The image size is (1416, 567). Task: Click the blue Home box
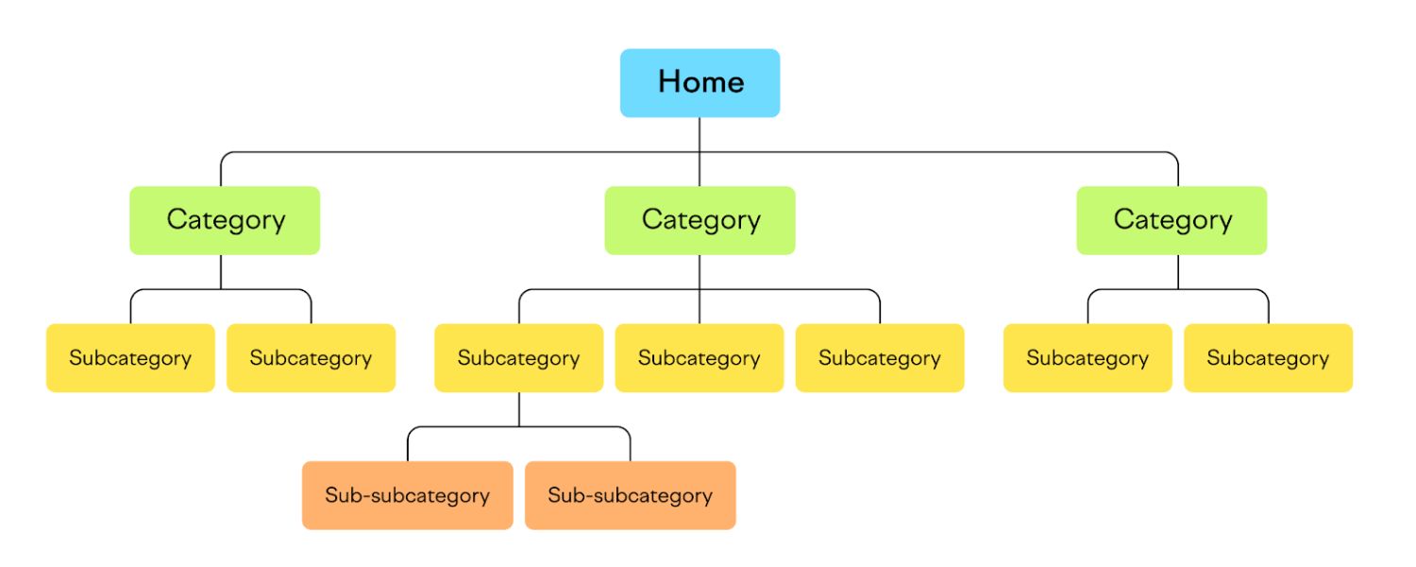pyautogui.click(x=700, y=83)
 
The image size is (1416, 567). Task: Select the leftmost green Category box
pyautogui.click(x=225, y=220)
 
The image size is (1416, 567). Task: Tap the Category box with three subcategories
pyautogui.click(x=700, y=220)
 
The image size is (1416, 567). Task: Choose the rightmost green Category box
pyautogui.click(x=1172, y=220)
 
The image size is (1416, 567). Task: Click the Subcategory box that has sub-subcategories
pyautogui.click(x=518, y=358)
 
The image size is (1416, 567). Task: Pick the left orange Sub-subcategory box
pyautogui.click(x=407, y=495)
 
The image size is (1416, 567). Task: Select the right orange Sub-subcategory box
pyautogui.click(x=630, y=495)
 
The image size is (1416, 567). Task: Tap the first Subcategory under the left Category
pyautogui.click(x=130, y=358)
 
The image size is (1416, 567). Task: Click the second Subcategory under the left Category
pyautogui.click(x=311, y=358)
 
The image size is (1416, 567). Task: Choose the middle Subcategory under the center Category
pyautogui.click(x=699, y=358)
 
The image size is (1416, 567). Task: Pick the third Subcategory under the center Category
pyautogui.click(x=880, y=358)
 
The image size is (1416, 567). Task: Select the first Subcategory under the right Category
pyautogui.click(x=1087, y=358)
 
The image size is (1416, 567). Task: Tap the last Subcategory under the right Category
pyautogui.click(x=1268, y=358)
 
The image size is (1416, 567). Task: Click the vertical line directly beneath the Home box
pyautogui.click(x=700, y=134)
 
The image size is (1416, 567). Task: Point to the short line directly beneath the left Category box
pyautogui.click(x=221, y=272)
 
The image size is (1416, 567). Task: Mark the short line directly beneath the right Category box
pyautogui.click(x=1178, y=272)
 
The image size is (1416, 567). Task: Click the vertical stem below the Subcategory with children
pyautogui.click(x=518, y=409)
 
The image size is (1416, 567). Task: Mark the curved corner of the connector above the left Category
pyautogui.click(x=225, y=156)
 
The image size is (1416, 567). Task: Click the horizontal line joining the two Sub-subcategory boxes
pyautogui.click(x=518, y=427)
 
